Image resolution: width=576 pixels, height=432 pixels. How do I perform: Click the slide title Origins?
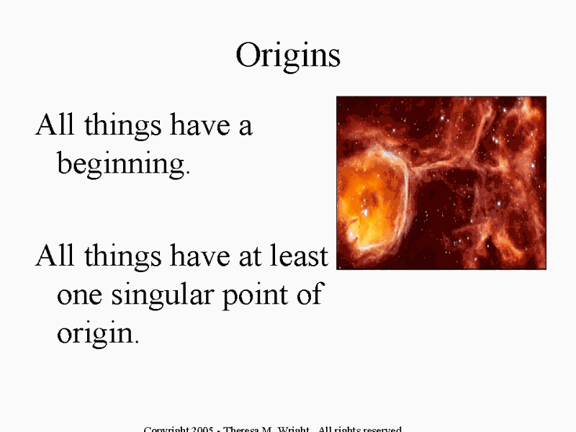288,55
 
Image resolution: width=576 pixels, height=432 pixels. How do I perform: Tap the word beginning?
120,165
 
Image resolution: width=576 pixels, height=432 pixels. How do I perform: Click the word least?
302,256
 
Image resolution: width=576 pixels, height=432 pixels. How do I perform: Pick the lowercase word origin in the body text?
94,333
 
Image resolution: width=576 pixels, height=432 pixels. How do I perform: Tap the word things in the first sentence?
120,127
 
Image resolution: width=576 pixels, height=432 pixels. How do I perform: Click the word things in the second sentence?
120,257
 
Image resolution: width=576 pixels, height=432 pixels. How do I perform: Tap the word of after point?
308,295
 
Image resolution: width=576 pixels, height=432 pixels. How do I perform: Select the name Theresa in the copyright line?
243,429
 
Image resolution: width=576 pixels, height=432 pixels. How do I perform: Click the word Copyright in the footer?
168,429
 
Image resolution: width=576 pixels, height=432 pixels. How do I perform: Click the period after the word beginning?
188,173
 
